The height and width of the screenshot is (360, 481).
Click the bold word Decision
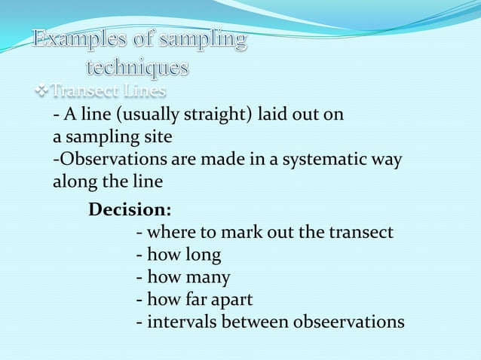[130, 209]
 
